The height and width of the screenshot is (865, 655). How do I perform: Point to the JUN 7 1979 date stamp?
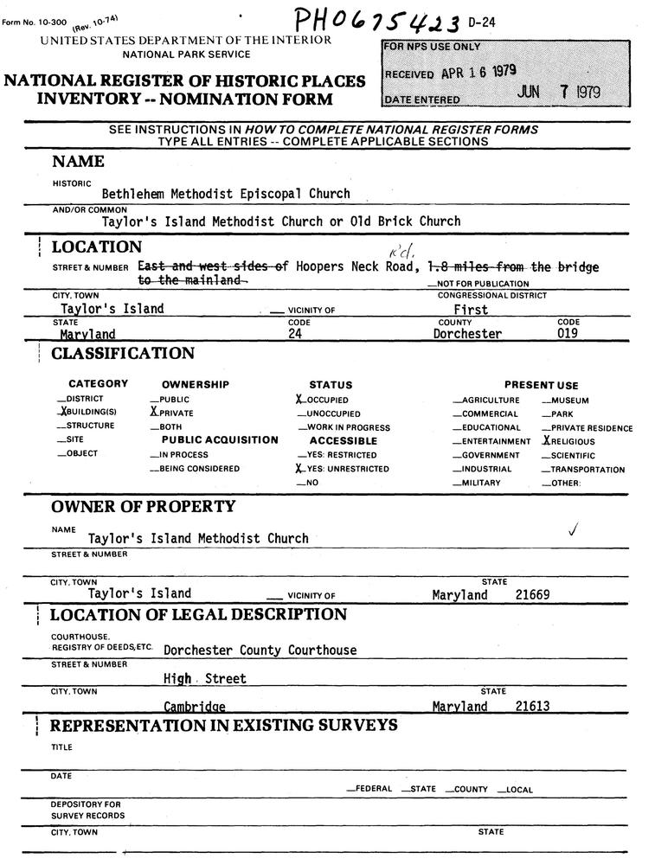point(560,93)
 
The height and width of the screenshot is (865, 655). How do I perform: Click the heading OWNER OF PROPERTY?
point(143,506)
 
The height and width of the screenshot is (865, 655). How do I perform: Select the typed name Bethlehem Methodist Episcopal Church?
point(226,194)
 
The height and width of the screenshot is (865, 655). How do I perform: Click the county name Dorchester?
point(467,334)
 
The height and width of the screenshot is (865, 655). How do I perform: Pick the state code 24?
point(297,334)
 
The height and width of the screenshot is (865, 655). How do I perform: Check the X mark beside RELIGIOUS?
point(546,440)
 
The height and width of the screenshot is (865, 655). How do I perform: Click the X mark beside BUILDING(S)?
point(64,413)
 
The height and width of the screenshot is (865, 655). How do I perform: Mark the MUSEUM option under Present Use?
point(571,400)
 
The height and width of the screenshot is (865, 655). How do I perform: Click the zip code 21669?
point(532,594)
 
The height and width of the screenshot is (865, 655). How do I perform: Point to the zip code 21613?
point(532,706)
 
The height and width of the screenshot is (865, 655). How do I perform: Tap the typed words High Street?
point(204,679)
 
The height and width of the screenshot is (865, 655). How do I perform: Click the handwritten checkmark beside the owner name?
point(573,529)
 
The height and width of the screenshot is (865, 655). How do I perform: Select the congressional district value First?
point(471,309)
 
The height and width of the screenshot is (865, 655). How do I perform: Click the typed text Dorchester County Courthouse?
point(260,650)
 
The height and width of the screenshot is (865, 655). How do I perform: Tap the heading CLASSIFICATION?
point(123,354)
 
